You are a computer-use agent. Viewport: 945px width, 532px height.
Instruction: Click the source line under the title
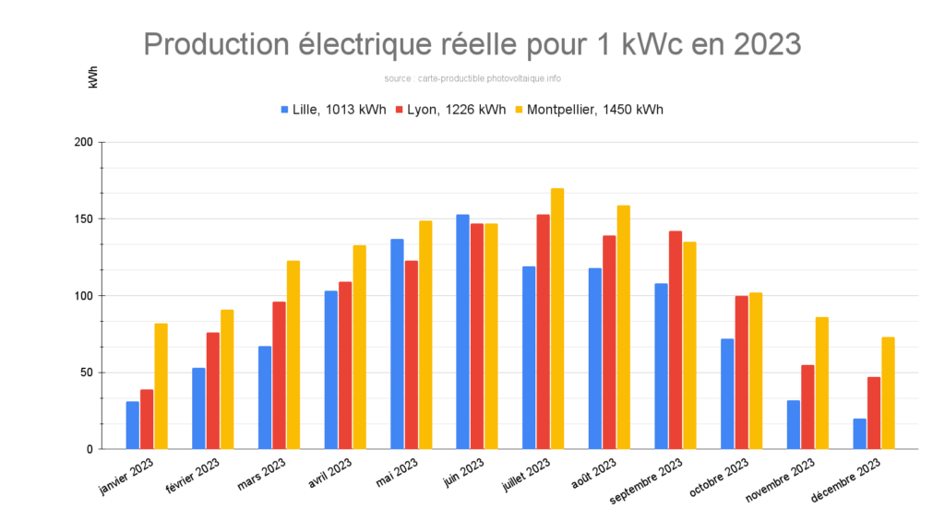click(x=472, y=78)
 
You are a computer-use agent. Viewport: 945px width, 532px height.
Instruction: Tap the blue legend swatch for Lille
click(x=285, y=109)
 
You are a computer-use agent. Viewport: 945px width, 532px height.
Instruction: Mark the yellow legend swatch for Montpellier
click(x=520, y=109)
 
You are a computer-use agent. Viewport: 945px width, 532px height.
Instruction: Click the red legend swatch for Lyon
click(x=400, y=109)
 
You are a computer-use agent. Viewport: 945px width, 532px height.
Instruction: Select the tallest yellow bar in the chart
click(x=557, y=318)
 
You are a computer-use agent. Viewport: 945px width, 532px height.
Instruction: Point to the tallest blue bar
click(x=463, y=332)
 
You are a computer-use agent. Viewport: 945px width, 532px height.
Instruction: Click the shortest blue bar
click(x=859, y=433)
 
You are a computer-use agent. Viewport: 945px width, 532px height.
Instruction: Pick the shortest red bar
click(x=147, y=420)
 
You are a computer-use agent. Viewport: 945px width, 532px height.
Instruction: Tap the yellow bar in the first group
click(x=161, y=385)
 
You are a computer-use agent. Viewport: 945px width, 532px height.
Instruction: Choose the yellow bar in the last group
click(x=888, y=393)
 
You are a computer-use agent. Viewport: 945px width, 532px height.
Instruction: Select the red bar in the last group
click(x=874, y=412)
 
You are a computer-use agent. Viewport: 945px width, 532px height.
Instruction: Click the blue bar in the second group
click(x=198, y=408)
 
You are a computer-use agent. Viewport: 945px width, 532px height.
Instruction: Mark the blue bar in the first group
click(x=133, y=425)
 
